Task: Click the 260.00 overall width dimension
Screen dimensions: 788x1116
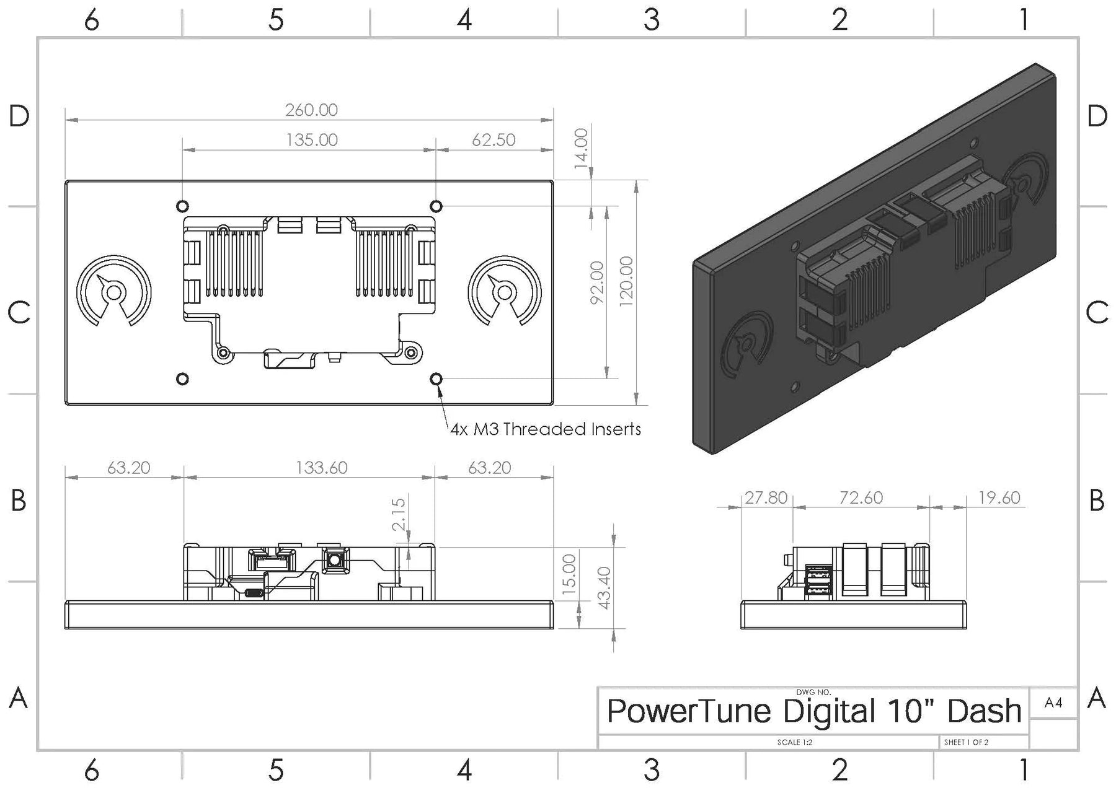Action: point(311,110)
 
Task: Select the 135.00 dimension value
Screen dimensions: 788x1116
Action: point(311,140)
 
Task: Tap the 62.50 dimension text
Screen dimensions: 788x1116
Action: point(494,140)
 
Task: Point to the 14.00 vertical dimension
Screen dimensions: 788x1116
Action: point(581,147)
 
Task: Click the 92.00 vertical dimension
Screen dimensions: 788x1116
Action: point(596,282)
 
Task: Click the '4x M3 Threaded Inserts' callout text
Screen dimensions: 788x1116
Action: point(546,429)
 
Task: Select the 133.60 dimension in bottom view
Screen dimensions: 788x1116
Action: point(321,467)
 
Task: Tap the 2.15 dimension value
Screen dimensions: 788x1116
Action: point(399,514)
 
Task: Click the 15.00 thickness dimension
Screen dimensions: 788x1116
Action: point(569,575)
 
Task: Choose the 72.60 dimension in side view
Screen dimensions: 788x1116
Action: point(861,497)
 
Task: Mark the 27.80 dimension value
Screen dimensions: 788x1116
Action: point(766,497)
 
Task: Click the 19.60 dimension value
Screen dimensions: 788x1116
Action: point(999,497)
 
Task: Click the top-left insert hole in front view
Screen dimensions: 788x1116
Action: point(182,206)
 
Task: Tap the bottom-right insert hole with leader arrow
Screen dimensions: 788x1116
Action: point(436,379)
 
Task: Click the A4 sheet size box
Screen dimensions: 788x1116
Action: point(1053,703)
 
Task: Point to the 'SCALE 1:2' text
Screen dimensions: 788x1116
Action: point(794,742)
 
